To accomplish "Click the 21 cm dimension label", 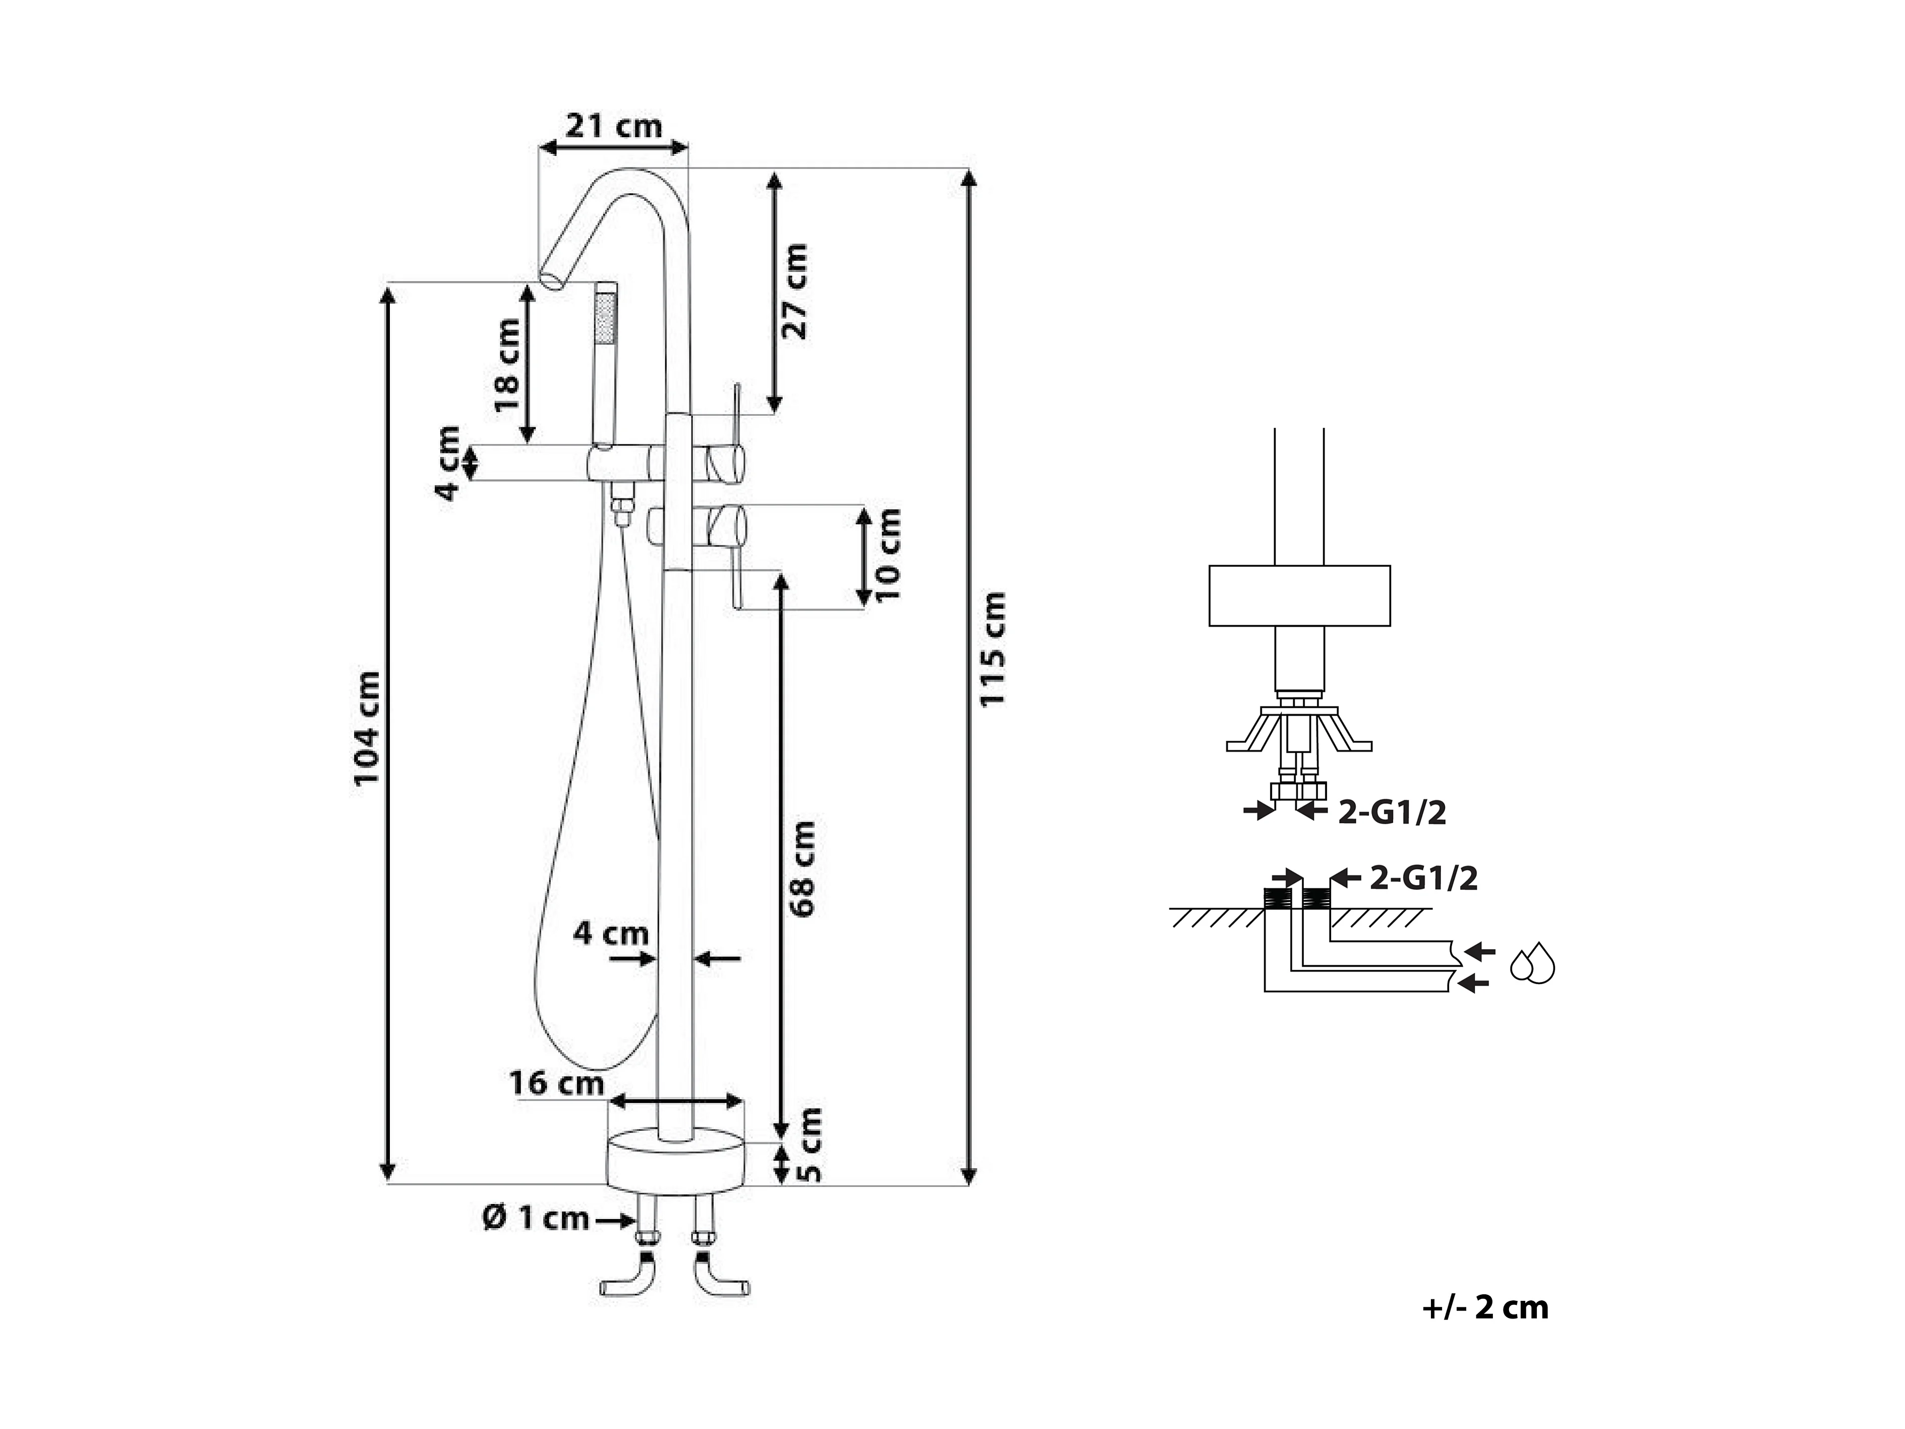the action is click(613, 127).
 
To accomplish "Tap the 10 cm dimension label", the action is click(887, 556).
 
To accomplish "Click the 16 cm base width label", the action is click(556, 1083).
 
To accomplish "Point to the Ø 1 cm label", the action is click(536, 1218).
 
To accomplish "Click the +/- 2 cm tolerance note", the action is click(1485, 1307).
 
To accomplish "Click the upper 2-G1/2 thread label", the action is click(1393, 812).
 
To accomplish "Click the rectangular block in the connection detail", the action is click(1300, 595).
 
